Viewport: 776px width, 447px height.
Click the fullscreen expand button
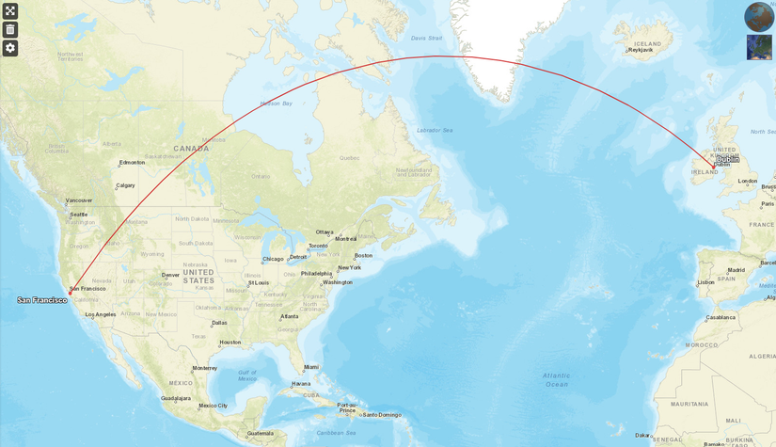click(x=10, y=11)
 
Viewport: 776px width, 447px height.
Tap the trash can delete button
click(x=10, y=29)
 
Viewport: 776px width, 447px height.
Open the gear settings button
click(x=10, y=48)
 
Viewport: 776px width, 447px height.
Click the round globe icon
click(x=759, y=17)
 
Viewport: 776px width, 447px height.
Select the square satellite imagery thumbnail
click(x=759, y=47)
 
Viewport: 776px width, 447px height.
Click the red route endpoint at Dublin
click(x=714, y=167)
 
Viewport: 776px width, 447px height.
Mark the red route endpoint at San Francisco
click(x=70, y=293)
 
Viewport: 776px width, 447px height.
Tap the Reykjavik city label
click(x=640, y=50)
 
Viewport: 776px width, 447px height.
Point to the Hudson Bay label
click(x=277, y=103)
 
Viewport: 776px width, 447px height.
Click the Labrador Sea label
click(x=435, y=130)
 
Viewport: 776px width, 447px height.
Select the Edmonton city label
click(x=132, y=162)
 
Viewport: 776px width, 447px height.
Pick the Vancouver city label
click(x=79, y=200)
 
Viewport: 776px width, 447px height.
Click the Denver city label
click(x=170, y=275)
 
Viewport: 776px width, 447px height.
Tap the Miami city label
click(x=310, y=367)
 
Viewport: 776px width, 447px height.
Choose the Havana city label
click(x=301, y=384)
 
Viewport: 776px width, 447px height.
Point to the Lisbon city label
click(x=705, y=282)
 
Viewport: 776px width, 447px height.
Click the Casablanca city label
click(x=721, y=317)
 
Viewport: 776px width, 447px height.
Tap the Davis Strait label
click(x=426, y=39)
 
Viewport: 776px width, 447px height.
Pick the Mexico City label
click(x=213, y=406)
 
